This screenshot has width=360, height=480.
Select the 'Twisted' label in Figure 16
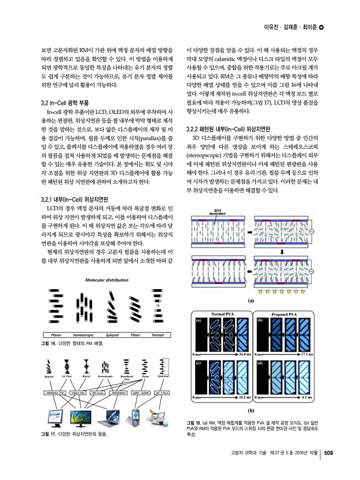[156, 335]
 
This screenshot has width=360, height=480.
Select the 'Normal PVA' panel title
[223, 313]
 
